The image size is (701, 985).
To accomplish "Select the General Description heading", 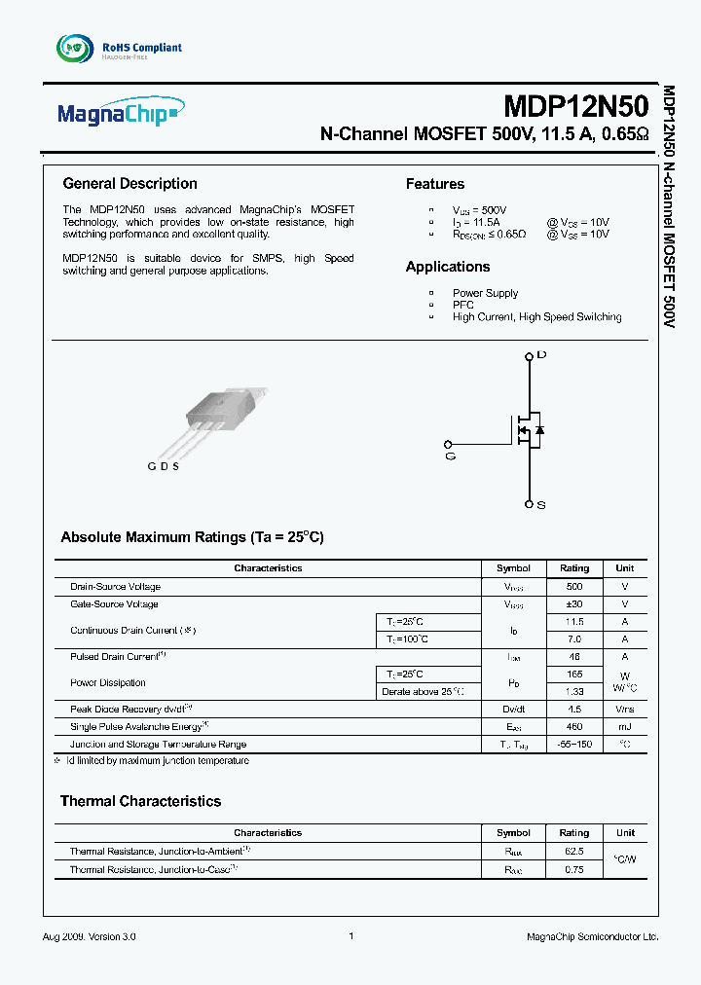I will click(x=129, y=184).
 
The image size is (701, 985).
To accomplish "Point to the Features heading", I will click(x=434, y=184).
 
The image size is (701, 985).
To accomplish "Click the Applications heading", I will click(x=448, y=267).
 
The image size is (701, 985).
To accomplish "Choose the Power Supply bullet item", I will click(x=485, y=293).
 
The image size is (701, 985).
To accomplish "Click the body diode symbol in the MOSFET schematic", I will click(x=539, y=429).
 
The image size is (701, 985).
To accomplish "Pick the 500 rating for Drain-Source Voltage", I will click(x=574, y=587).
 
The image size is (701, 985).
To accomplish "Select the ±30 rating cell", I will click(x=574, y=604).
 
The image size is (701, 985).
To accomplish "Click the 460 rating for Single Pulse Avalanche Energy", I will click(x=574, y=727).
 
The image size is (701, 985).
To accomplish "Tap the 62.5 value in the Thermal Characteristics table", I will click(x=574, y=851).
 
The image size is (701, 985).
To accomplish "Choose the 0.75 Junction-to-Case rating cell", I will click(x=574, y=869).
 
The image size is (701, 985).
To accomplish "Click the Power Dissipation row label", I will click(x=108, y=683).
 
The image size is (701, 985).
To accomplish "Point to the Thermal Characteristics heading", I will click(x=140, y=801).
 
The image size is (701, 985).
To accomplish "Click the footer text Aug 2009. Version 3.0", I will click(x=90, y=936).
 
